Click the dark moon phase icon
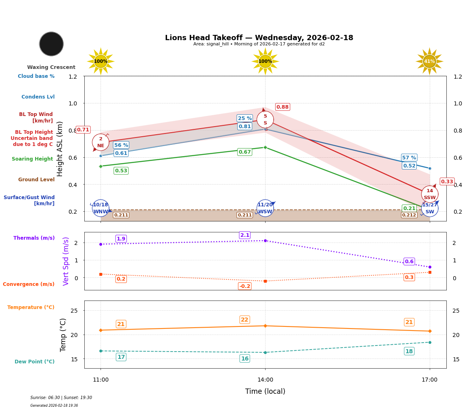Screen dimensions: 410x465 (51, 44)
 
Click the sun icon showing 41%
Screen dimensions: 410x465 (429, 62)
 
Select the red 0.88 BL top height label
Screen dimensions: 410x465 (283, 107)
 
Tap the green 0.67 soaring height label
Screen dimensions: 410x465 (245, 152)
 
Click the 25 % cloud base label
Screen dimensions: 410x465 (245, 118)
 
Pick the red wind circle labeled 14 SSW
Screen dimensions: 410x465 (430, 194)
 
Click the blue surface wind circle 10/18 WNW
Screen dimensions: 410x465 (101, 208)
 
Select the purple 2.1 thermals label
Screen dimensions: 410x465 (245, 235)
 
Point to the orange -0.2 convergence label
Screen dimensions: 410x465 (245, 286)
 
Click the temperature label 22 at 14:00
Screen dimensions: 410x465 (244, 320)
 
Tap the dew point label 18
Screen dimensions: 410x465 (409, 351)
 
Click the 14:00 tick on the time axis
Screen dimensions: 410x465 (265, 380)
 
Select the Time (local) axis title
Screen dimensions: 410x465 (265, 391)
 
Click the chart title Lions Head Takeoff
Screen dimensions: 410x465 (259, 38)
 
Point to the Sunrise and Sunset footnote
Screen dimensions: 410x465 (61, 398)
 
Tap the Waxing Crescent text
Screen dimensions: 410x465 (51, 67)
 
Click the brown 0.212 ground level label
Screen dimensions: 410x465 (409, 215)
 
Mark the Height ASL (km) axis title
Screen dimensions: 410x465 (60, 149)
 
